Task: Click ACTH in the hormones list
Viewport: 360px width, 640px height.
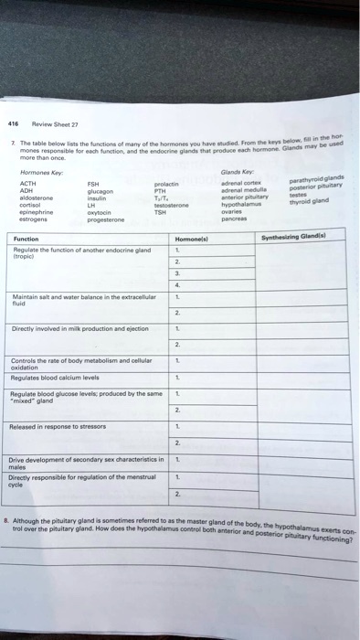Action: click(x=26, y=183)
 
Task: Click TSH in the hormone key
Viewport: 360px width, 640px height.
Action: click(x=162, y=213)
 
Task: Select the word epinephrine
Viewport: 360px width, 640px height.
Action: click(x=35, y=211)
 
